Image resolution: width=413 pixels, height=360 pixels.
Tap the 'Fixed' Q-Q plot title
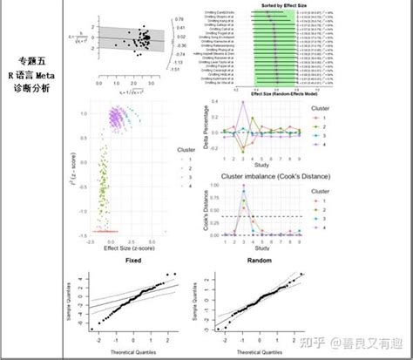pyautogui.click(x=134, y=261)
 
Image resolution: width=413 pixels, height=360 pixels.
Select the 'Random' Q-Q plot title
pyautogui.click(x=259, y=261)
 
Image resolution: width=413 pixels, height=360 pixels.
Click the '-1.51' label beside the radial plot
pyautogui.click(x=178, y=69)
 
